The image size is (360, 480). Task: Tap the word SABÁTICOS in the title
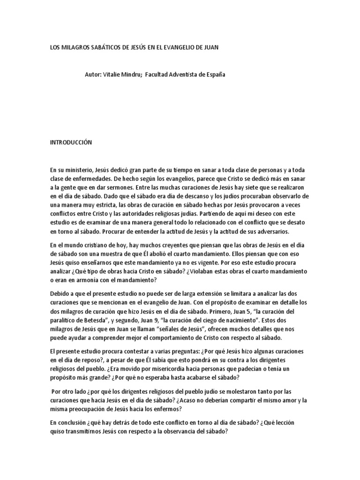tap(109, 48)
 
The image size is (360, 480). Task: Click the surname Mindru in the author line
tap(128, 75)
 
